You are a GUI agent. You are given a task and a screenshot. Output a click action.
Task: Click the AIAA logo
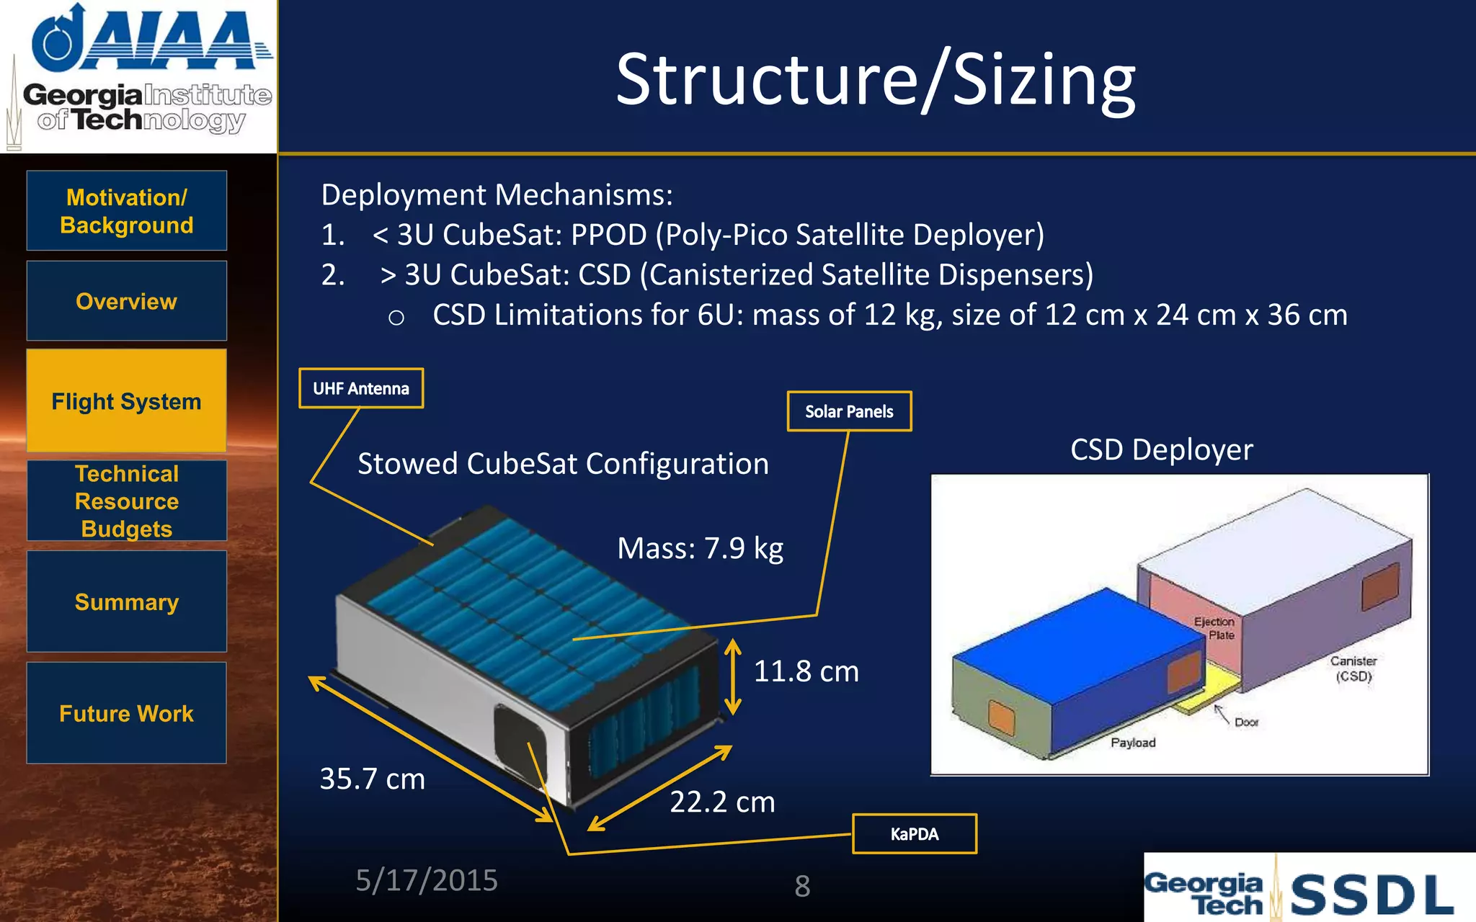(151, 40)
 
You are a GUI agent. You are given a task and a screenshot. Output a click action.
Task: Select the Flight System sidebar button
(127, 401)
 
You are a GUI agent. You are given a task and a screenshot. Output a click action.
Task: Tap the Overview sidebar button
(127, 301)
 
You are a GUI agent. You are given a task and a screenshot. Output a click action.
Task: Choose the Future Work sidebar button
(127, 713)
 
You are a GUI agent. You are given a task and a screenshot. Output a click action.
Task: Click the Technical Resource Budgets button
(127, 501)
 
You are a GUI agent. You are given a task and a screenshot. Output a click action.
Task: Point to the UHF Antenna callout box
(361, 388)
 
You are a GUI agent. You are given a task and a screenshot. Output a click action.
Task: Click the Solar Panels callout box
(849, 411)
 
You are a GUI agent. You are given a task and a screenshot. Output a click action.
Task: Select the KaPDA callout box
(915, 834)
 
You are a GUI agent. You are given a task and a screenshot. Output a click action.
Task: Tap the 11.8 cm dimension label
(806, 671)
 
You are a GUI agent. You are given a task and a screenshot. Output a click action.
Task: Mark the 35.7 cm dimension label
(372, 779)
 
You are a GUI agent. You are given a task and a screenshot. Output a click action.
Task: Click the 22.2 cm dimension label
(722, 802)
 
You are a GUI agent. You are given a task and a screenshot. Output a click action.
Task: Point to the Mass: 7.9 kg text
(700, 548)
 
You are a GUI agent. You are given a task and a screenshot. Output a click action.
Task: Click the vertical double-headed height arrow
(733, 677)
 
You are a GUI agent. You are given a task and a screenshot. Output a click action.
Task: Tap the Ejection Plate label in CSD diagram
(1215, 628)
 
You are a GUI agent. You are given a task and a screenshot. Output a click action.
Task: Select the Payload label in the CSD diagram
(1133, 743)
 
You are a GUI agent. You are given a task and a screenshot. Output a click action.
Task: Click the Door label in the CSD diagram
(1246, 722)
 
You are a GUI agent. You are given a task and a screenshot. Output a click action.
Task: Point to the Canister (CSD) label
(1353, 668)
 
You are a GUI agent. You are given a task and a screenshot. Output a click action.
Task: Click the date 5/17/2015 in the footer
(427, 880)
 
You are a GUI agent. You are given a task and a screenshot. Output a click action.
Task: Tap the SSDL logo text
(1371, 895)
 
